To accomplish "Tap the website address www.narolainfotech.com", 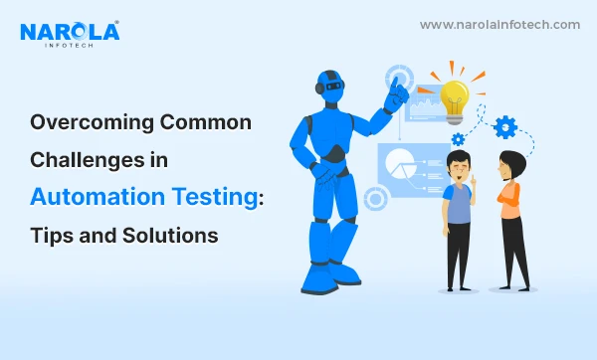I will (499, 25).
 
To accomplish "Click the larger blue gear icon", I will (505, 126).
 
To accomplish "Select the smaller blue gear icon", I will (459, 139).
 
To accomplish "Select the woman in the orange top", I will (513, 219).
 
